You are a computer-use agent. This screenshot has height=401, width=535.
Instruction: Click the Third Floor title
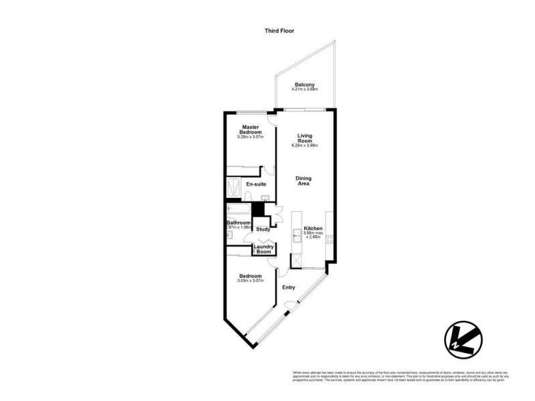coord(280,31)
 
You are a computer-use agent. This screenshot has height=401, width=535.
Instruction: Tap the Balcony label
coord(304,85)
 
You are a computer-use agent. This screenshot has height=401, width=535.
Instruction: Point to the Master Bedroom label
coord(251,130)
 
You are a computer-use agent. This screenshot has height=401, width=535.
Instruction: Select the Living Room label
coord(305,138)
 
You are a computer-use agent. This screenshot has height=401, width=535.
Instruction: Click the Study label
coord(262,230)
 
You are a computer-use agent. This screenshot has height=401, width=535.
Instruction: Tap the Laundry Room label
coord(263,249)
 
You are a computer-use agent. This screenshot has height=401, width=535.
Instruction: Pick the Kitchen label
coord(314,229)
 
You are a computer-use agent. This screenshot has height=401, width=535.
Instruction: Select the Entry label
coord(288,287)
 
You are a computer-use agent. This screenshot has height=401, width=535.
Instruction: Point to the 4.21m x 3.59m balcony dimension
coord(304,90)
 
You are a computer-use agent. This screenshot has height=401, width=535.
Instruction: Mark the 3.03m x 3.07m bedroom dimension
coord(250,281)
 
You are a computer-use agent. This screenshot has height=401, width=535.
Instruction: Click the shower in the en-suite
coord(233,188)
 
